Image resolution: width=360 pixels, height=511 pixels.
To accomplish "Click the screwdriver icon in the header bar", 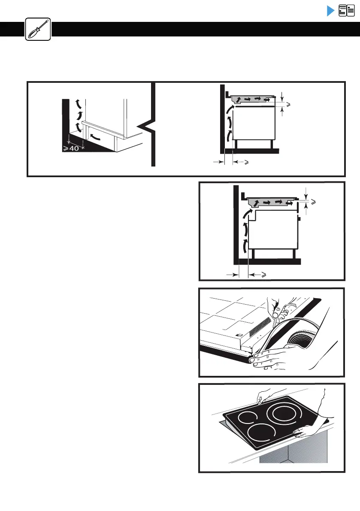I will pos(38,29).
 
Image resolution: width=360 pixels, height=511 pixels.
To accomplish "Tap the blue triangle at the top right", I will pos(330,11).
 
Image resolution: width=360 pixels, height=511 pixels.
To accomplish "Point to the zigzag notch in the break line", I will pos(146,127).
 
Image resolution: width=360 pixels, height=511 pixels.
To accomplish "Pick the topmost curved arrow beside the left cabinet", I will pos(77,103).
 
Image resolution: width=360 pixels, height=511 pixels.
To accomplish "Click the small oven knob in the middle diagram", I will pos(299,220).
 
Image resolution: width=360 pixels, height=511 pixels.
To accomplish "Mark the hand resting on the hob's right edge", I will pos(307,429).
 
